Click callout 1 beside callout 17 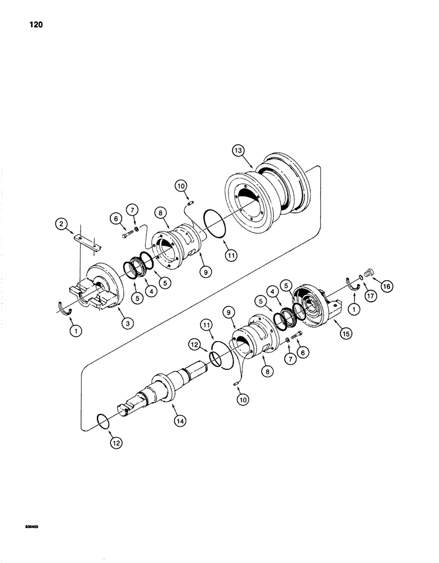(355, 309)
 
